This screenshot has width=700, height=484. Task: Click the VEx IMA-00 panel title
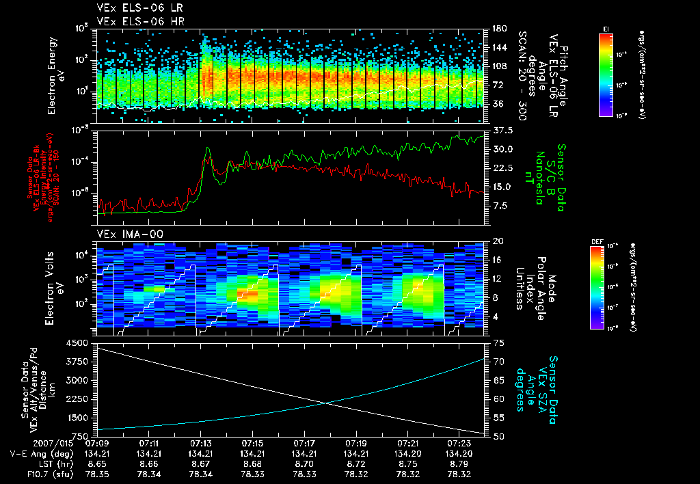124,234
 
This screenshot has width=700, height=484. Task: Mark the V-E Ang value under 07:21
407,453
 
